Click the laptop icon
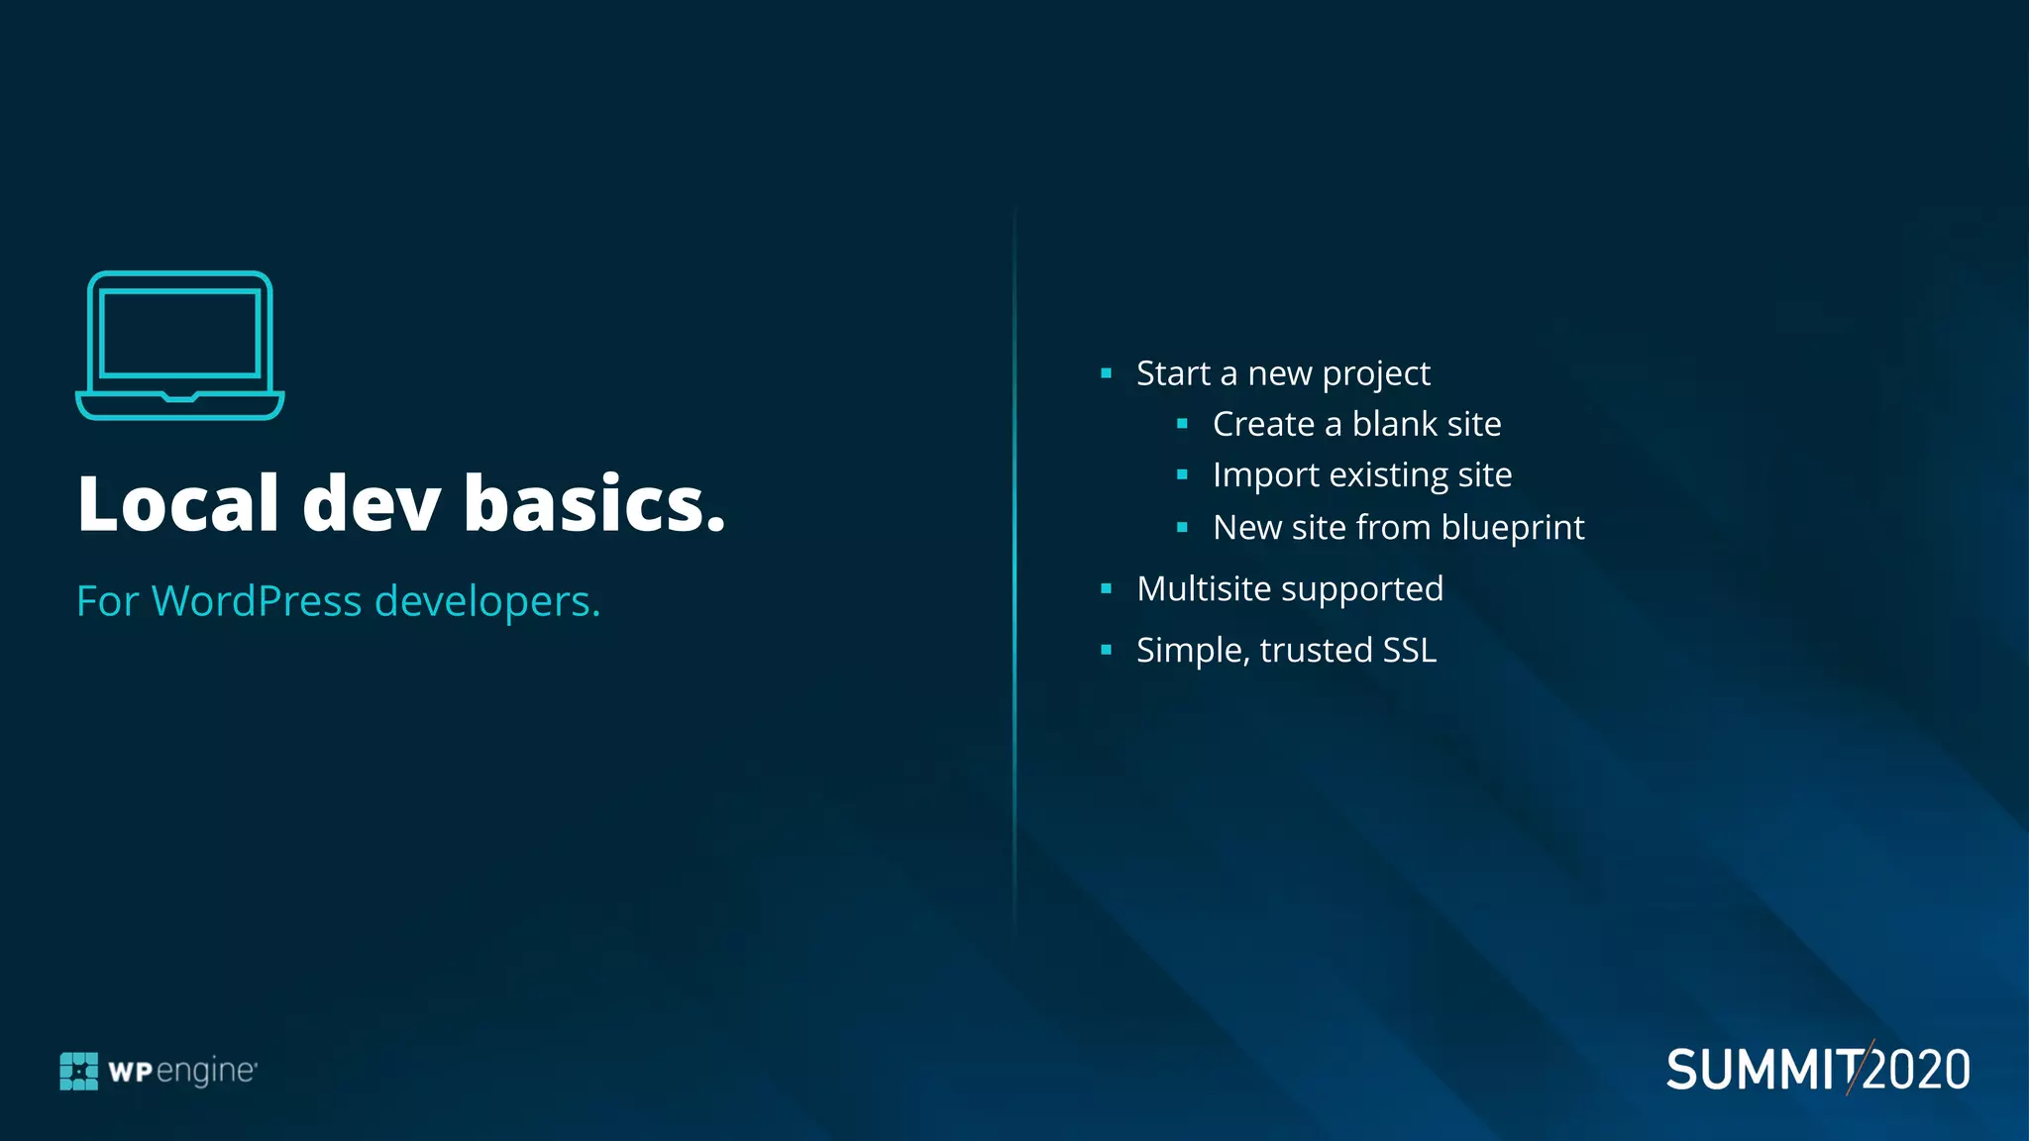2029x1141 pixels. click(x=179, y=345)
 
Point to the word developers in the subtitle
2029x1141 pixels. click(x=486, y=601)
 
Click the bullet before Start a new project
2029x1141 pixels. click(x=1106, y=373)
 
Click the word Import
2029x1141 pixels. click(x=1264, y=475)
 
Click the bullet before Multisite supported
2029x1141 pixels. click(x=1106, y=589)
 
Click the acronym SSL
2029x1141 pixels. click(x=1409, y=651)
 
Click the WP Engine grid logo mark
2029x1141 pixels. click(x=79, y=1071)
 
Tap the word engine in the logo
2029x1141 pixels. click(x=206, y=1072)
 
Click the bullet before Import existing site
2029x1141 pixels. click(x=1182, y=475)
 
